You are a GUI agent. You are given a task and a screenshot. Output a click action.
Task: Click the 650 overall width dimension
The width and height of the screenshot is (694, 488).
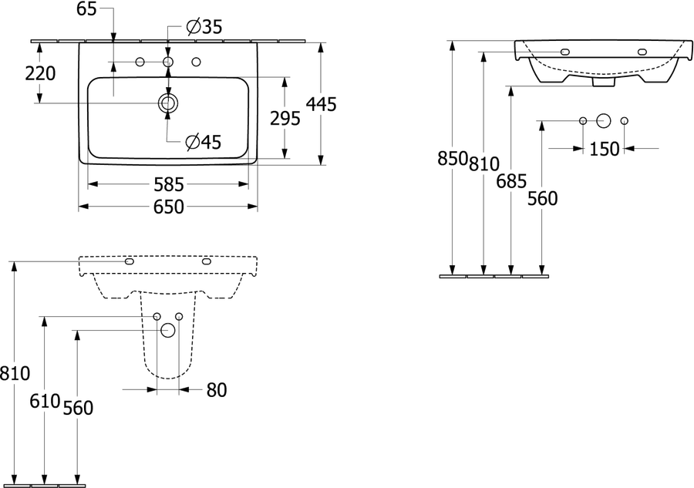[169, 207]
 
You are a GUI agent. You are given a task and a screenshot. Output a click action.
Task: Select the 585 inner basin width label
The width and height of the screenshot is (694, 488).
[169, 184]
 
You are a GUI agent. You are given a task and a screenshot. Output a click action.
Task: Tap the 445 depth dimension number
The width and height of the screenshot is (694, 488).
[322, 104]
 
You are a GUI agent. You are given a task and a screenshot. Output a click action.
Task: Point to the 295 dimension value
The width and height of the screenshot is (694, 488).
[285, 118]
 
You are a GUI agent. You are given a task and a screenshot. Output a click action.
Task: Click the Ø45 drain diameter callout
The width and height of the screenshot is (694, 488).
[203, 142]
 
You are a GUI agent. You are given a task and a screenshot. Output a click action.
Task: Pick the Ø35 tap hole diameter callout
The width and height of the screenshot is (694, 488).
[204, 27]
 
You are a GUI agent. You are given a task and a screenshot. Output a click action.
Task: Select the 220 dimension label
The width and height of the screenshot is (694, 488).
[40, 73]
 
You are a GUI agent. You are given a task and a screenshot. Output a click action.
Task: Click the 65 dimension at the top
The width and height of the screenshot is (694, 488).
[86, 8]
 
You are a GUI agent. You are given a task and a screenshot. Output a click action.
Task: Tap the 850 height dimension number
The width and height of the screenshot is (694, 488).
[453, 158]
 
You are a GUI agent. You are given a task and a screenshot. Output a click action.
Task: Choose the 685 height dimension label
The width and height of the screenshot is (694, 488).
[512, 181]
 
